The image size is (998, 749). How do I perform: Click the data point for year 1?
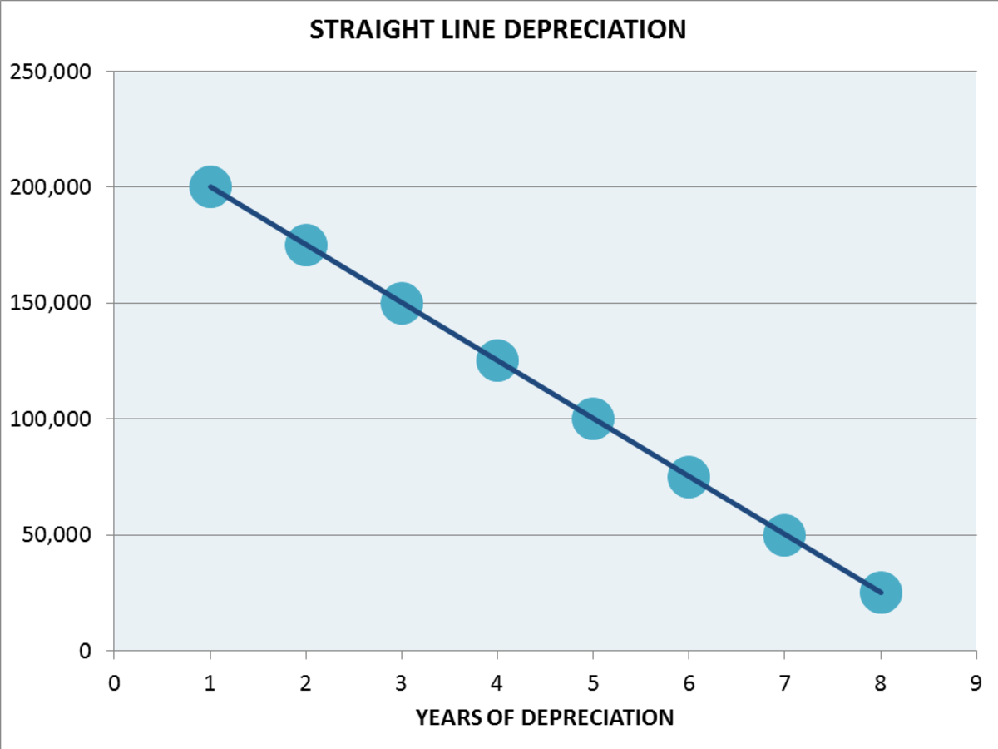point(210,187)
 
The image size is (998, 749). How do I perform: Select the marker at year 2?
point(306,245)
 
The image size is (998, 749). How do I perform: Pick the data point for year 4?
point(497,360)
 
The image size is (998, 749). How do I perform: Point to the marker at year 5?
point(593,419)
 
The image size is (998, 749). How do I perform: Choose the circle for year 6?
point(689,477)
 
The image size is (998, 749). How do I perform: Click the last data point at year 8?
point(881,593)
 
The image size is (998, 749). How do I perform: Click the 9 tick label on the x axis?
point(976,684)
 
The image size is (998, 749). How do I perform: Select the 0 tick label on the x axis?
point(115,684)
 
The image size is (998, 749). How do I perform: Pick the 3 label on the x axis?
point(402,684)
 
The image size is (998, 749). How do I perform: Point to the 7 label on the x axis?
point(784,684)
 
